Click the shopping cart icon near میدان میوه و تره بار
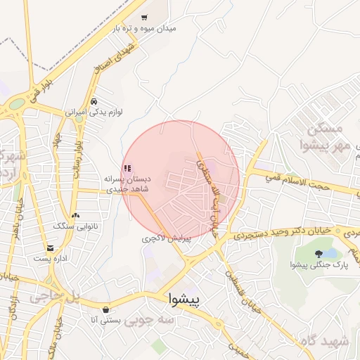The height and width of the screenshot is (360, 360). (144, 18)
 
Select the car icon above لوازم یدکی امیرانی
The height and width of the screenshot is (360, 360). (94, 101)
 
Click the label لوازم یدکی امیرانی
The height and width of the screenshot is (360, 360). (85, 111)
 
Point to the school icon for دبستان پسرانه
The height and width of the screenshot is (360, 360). (127, 168)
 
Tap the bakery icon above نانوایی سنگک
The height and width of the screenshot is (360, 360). (75, 215)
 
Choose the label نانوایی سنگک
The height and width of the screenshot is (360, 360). (73, 226)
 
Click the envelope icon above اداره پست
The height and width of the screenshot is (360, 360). (50, 248)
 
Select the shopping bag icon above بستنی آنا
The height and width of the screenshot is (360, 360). (105, 309)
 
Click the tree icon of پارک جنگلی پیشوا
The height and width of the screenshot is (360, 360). (319, 254)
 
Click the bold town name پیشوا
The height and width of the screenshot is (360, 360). (185, 300)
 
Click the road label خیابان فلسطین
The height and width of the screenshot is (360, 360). (237, 285)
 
